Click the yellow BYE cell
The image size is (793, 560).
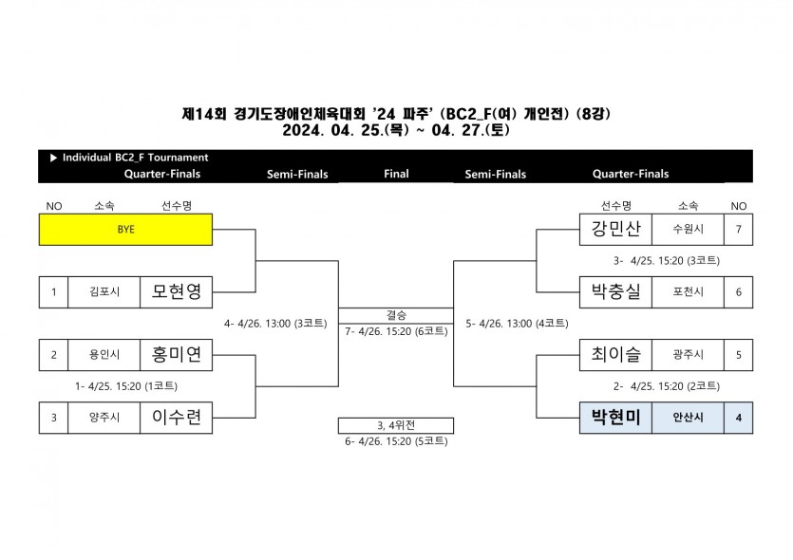point(125,230)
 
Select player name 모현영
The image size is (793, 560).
point(177,291)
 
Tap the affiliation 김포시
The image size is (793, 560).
point(104,292)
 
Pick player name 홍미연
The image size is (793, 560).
point(177,355)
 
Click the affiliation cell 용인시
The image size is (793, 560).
point(104,355)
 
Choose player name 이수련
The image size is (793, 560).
point(177,418)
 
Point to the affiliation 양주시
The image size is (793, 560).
point(104,418)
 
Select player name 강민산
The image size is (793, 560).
point(615,230)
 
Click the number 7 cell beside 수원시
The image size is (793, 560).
point(738,230)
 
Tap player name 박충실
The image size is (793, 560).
point(615,291)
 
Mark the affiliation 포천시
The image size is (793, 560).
point(688,292)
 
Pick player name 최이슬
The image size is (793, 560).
point(615,355)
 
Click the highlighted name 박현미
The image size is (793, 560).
point(615,418)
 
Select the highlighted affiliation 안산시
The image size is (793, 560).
point(688,418)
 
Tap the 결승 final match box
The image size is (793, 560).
point(395,315)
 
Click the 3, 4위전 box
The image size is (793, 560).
point(395,425)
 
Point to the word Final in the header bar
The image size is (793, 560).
point(396,174)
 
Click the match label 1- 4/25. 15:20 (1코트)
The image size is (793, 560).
point(126,386)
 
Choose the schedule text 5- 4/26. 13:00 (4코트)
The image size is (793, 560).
point(517,323)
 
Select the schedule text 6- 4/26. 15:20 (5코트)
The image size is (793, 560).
point(395,441)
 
